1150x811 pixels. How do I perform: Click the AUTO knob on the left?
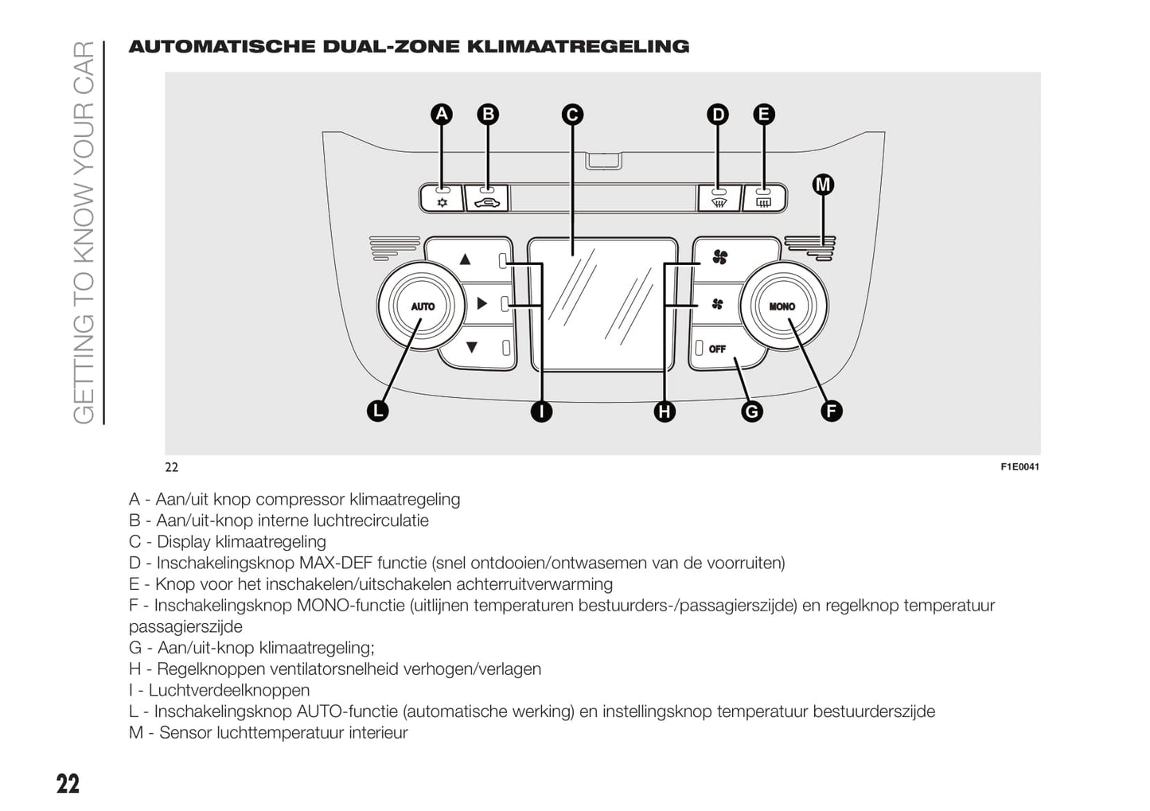[x=423, y=306]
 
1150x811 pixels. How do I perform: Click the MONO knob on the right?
[x=782, y=306]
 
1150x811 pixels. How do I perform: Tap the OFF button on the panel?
[x=718, y=349]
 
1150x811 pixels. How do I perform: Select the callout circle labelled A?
[x=442, y=115]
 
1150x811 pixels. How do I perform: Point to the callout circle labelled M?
[x=823, y=185]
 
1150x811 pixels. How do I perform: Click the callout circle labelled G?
[x=751, y=411]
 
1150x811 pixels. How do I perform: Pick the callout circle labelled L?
[x=377, y=411]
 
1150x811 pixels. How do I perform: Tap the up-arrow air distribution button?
[x=466, y=259]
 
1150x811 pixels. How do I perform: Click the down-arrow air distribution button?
[x=471, y=347]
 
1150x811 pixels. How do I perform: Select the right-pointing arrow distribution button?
[x=481, y=303]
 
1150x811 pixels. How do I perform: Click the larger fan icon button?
[x=720, y=257]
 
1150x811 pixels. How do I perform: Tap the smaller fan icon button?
[x=717, y=304]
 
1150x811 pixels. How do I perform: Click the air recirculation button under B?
[x=486, y=198]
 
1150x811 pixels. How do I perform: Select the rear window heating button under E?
[x=763, y=198]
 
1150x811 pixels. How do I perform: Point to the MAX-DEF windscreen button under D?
[x=719, y=198]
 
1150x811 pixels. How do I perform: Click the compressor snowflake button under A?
[x=442, y=198]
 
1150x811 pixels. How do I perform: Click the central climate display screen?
[x=595, y=302]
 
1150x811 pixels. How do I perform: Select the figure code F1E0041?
[x=1019, y=467]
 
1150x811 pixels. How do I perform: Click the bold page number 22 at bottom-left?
[x=68, y=784]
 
